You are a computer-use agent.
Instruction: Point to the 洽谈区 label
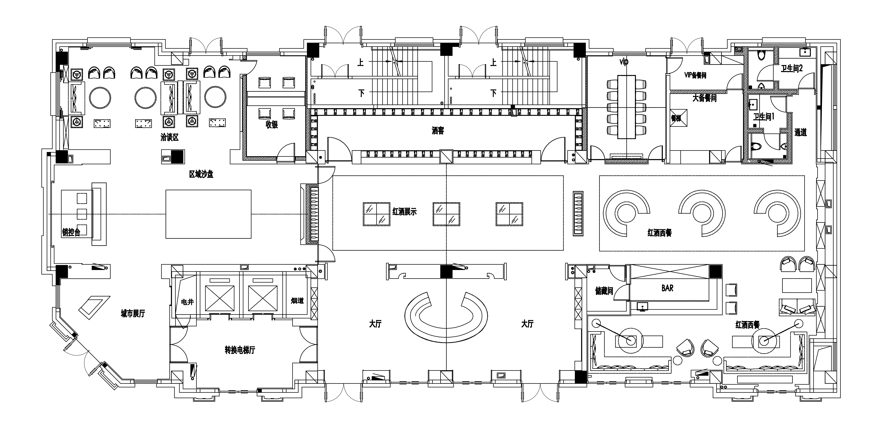coord(170,137)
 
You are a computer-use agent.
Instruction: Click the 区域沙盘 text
coord(201,174)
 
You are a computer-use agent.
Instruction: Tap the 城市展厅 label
coord(133,314)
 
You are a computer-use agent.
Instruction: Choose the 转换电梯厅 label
coord(240,350)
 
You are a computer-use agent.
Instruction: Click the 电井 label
coord(187,302)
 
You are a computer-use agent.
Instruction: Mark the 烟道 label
coord(297,301)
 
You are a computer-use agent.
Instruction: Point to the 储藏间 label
coord(604,291)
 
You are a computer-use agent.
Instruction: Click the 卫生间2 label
coord(792,68)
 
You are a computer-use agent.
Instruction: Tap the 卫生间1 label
coord(764,117)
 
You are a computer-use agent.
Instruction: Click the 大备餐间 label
coord(704,98)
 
